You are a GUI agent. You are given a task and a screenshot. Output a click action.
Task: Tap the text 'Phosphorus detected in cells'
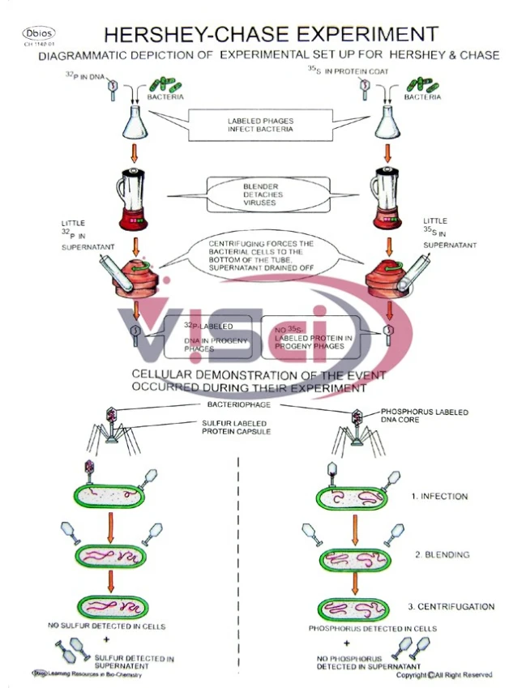(373, 628)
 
